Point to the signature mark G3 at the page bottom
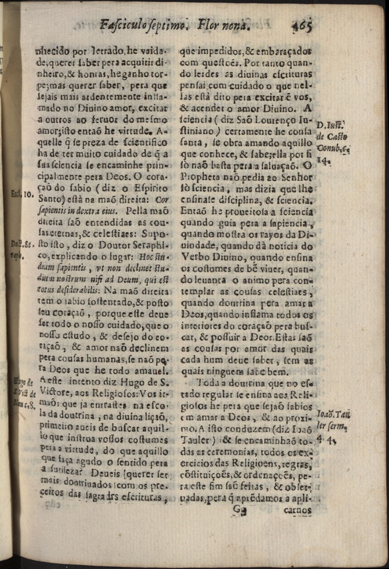tap(239, 509)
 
